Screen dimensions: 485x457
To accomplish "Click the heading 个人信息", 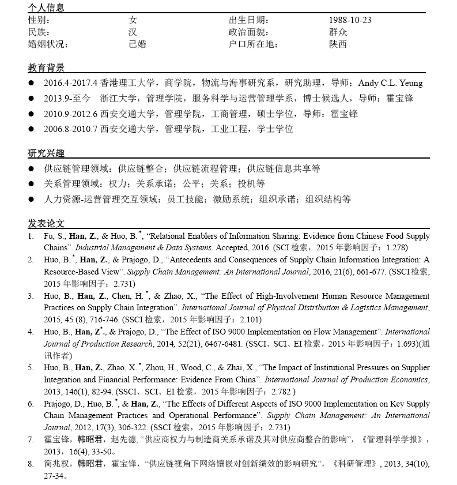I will click(46, 8).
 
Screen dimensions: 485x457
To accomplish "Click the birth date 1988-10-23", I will click(350, 20).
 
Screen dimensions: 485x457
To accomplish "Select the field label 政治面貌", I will click(249, 32).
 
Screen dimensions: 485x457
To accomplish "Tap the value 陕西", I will click(338, 44).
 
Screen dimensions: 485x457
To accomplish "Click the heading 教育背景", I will click(46, 68).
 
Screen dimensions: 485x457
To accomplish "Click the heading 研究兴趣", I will click(46, 153).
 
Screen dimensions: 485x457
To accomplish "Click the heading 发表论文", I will click(46, 223).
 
